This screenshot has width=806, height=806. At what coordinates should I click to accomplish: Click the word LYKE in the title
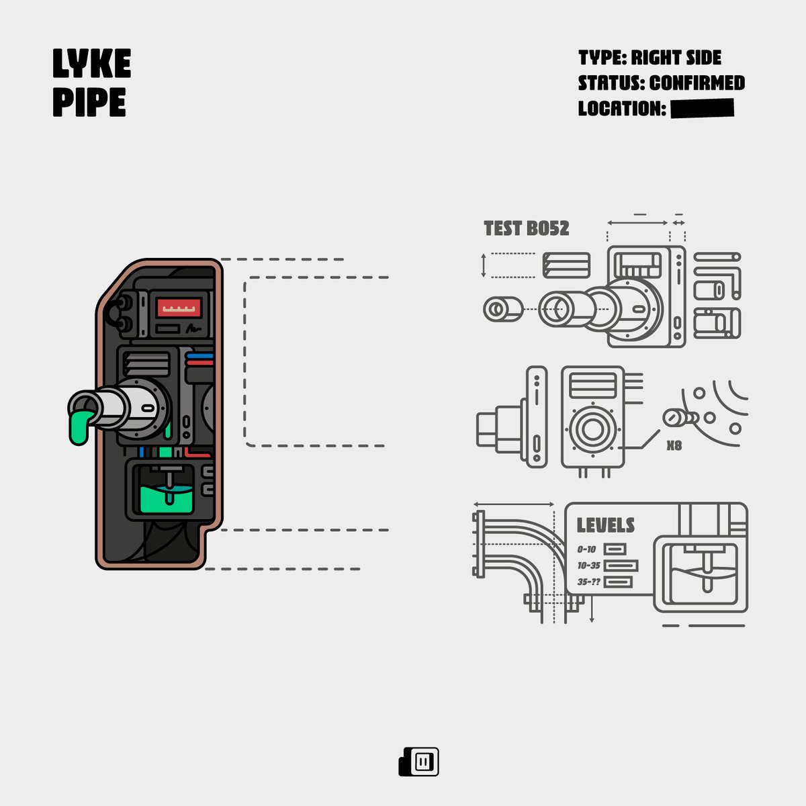tap(91, 63)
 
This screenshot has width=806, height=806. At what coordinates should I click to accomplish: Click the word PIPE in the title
tap(89, 102)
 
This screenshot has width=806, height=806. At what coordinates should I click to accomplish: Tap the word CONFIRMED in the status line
tap(697, 83)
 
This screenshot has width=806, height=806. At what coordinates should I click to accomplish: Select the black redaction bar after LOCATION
tap(703, 108)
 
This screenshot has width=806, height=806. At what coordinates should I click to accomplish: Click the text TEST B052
tap(526, 228)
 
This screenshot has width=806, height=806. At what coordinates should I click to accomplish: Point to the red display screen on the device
tap(179, 308)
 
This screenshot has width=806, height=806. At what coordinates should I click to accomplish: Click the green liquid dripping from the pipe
tap(80, 427)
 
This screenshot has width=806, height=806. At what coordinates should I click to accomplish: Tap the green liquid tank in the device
tap(167, 500)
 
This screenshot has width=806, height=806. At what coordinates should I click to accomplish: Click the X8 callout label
tap(674, 445)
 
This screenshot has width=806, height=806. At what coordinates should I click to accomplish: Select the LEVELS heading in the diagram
tap(606, 525)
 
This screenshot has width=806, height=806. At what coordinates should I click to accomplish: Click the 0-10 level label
tap(586, 549)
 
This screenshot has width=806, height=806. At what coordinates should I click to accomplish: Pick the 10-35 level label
tap(588, 566)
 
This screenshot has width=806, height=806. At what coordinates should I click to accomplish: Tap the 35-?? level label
tap(588, 582)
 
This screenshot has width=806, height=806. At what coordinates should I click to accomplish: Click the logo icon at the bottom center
tap(418, 762)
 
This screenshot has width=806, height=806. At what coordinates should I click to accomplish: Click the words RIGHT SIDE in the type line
tap(676, 58)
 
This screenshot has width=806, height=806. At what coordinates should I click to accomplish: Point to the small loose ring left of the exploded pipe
tap(503, 309)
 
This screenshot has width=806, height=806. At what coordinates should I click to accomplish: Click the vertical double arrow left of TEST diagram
tap(484, 265)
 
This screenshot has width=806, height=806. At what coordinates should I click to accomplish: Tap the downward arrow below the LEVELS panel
tap(592, 609)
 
